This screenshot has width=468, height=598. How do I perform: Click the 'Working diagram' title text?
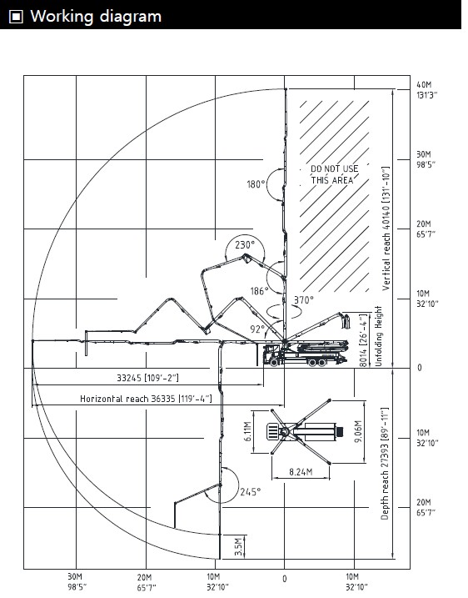[x=96, y=17]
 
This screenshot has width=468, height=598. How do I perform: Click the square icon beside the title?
[x=16, y=17]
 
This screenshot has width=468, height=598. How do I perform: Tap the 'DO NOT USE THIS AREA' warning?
[x=334, y=174]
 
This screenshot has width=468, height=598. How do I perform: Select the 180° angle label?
[x=256, y=184]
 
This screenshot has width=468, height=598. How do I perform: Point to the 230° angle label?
[x=245, y=244]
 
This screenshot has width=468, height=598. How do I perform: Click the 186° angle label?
[x=259, y=291]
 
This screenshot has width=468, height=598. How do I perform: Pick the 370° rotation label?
[x=303, y=300]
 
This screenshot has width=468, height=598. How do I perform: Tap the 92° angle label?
[x=257, y=329]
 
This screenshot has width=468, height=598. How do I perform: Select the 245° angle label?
[x=251, y=492]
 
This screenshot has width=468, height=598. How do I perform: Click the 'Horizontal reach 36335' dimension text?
[x=146, y=399]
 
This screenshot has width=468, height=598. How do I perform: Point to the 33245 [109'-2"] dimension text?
[x=147, y=378]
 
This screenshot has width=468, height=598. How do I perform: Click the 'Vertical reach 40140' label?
[x=386, y=228]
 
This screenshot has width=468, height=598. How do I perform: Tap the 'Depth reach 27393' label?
[x=385, y=464]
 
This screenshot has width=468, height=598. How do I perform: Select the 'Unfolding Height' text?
[x=378, y=336]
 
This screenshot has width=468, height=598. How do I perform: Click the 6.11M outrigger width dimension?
[x=247, y=431]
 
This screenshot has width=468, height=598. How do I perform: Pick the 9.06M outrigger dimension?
[x=358, y=431]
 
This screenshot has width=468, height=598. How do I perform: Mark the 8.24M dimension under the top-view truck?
[x=301, y=472]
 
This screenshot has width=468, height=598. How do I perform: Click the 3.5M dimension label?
[x=238, y=546]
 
